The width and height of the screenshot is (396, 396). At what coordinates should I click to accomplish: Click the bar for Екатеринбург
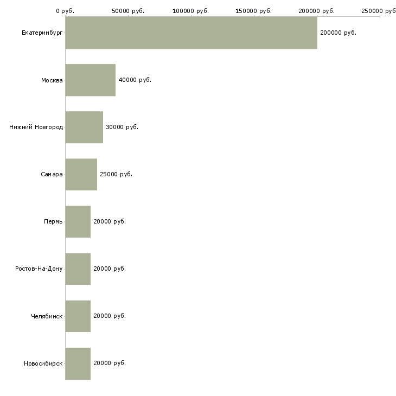point(191,33)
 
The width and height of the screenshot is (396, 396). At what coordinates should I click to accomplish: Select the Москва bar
point(91,80)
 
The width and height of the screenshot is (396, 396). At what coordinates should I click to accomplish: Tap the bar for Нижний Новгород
point(84,127)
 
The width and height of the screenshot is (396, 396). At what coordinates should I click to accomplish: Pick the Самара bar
point(81,175)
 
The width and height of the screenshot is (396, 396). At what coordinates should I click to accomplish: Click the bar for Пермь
point(78,222)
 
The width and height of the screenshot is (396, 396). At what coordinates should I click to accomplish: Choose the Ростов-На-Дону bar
point(78,269)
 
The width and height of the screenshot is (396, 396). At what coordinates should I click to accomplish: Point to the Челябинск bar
point(78,316)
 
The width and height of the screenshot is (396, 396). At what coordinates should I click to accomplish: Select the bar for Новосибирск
point(78,363)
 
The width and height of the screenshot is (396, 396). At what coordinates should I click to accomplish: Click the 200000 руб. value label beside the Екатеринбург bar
point(338,33)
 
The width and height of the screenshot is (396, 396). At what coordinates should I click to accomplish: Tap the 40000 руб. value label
point(135,80)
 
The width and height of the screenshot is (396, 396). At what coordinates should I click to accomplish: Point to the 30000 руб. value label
point(122,127)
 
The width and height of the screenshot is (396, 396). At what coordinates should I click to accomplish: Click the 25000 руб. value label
point(116,174)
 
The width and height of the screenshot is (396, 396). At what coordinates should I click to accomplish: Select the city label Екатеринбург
point(42,33)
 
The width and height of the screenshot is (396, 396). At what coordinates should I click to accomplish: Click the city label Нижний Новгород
point(36,127)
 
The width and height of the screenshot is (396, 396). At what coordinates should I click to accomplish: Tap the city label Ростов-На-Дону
point(39,269)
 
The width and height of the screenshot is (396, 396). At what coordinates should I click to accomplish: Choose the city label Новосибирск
point(43,363)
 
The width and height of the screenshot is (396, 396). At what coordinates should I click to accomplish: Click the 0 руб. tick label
point(65,11)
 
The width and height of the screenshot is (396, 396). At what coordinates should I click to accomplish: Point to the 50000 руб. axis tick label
point(128,11)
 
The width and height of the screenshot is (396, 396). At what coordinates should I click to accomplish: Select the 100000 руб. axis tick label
point(190,11)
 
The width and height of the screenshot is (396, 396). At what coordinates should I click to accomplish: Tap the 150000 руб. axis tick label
point(253,11)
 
